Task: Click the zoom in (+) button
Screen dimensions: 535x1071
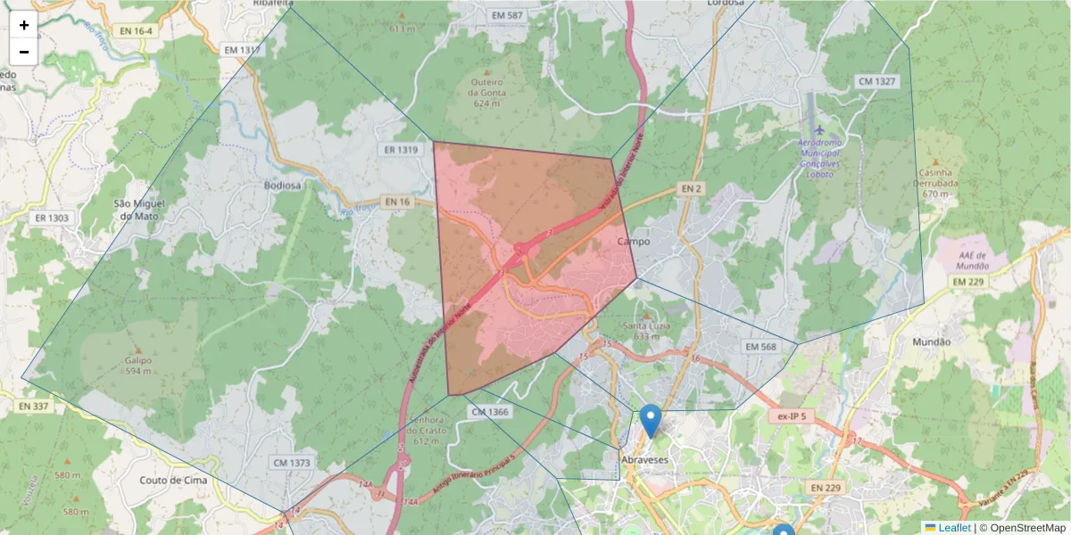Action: click(x=24, y=25)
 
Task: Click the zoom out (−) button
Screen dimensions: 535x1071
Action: click(x=24, y=52)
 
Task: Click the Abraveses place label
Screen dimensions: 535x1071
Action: click(x=643, y=459)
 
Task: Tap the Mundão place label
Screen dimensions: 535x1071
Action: click(x=932, y=342)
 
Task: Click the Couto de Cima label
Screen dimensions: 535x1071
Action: click(x=173, y=480)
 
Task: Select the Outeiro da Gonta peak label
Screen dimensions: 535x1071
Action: click(x=487, y=92)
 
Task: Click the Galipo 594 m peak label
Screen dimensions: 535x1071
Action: click(x=138, y=366)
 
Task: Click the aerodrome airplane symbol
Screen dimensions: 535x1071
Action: click(x=819, y=131)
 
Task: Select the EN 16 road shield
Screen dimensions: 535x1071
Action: click(x=398, y=202)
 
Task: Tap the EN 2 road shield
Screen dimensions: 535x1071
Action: click(x=690, y=188)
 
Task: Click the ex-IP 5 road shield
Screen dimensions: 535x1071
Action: click(x=791, y=416)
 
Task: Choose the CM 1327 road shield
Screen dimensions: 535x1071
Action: click(x=876, y=81)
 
